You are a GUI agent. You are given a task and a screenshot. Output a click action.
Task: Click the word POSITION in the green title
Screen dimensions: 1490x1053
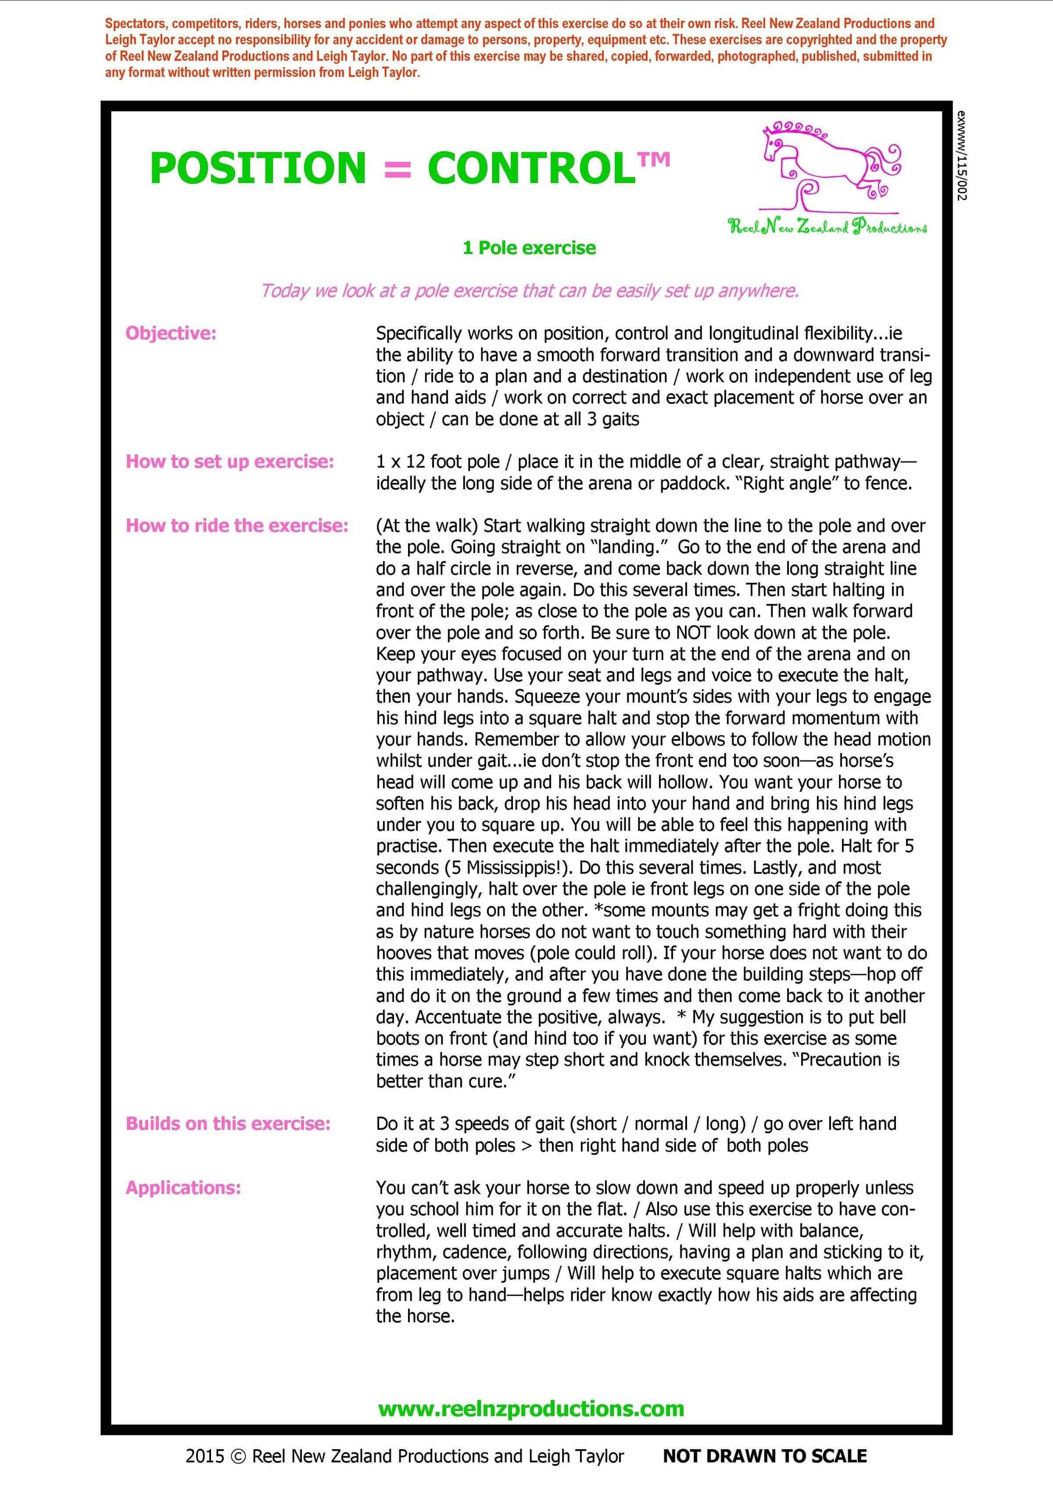tap(258, 168)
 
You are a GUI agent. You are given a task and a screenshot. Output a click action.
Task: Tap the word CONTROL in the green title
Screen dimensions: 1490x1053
tap(531, 168)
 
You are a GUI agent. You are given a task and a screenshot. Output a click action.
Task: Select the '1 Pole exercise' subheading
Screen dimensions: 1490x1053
tap(529, 248)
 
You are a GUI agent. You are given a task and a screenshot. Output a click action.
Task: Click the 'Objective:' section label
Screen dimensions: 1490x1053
tap(171, 334)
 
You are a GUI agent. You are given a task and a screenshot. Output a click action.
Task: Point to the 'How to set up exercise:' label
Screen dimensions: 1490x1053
tap(229, 461)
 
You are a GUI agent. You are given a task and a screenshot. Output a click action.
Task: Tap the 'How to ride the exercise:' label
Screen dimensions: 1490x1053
tap(237, 526)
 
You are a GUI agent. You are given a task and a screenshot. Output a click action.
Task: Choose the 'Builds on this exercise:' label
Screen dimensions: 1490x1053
tap(228, 1124)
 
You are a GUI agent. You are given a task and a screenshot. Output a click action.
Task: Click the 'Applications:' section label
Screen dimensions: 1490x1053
tap(183, 1188)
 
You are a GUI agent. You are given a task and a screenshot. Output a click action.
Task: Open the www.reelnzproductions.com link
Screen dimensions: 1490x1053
tap(531, 1409)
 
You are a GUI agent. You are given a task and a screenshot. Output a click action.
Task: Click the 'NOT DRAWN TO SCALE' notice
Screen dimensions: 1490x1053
tap(764, 1456)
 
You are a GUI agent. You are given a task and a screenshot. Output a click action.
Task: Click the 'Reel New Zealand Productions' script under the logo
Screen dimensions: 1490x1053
tap(827, 226)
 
